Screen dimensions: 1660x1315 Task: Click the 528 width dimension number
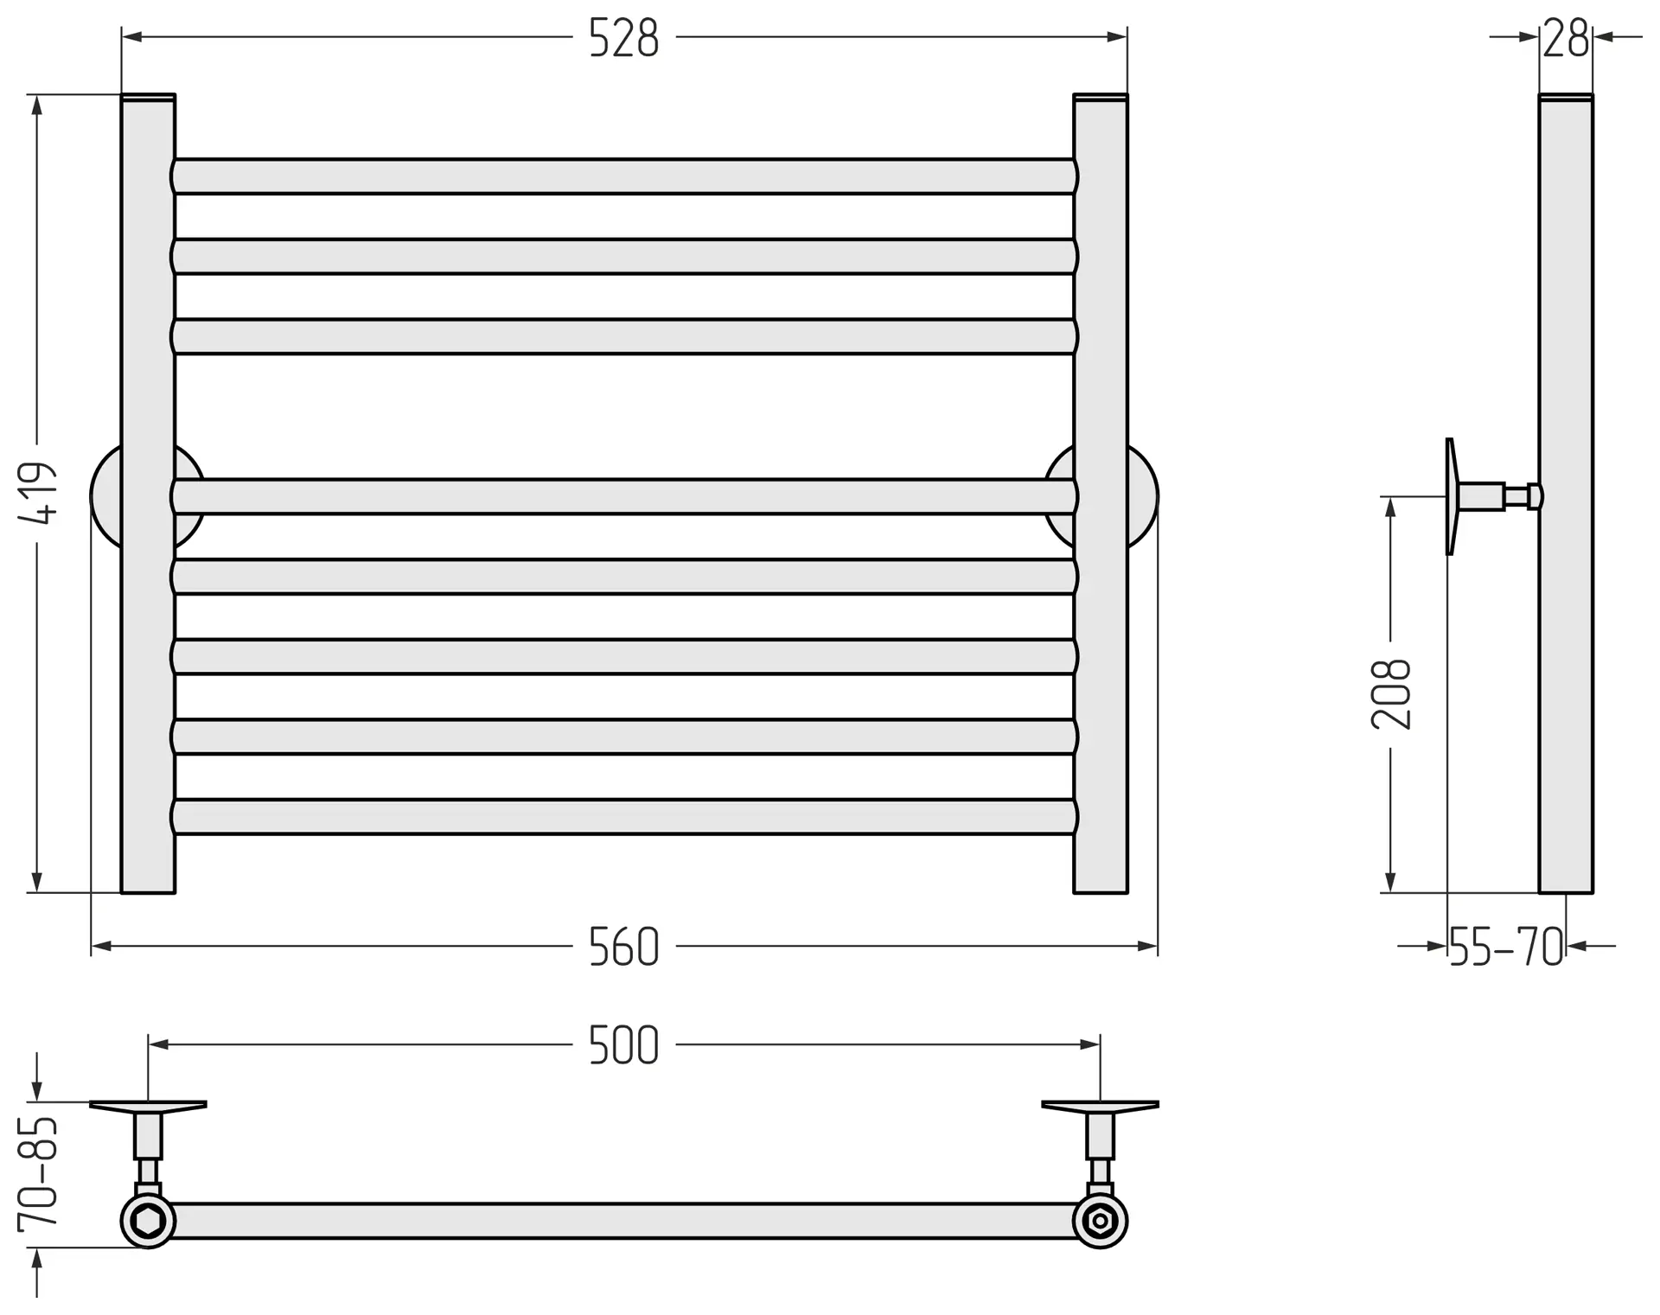tap(623, 39)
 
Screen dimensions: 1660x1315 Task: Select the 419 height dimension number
tap(39, 494)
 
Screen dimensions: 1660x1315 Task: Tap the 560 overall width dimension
tap(623, 948)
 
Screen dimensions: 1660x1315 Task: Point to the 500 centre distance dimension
tap(623, 1045)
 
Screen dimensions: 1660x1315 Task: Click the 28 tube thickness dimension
tap(1566, 39)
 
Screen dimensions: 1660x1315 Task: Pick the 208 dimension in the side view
tap(1391, 694)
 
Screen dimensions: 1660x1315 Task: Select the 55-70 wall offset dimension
tap(1506, 948)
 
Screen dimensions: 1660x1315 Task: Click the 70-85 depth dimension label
tap(39, 1173)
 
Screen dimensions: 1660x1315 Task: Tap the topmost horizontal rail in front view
tap(624, 176)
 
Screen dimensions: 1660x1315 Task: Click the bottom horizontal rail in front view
tap(624, 817)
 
